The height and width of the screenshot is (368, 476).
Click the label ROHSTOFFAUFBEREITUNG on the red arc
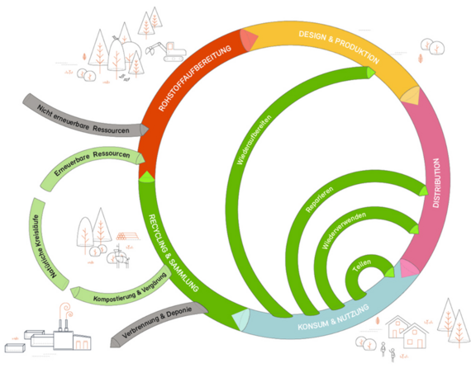(194, 78)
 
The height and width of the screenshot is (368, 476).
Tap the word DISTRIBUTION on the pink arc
(436, 183)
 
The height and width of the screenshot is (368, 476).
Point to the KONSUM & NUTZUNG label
(333, 318)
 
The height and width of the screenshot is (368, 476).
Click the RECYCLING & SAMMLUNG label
(174, 253)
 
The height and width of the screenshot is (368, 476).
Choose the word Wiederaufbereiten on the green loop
(254, 139)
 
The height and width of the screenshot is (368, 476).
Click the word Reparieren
(319, 199)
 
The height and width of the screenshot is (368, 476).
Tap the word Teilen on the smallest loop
(362, 265)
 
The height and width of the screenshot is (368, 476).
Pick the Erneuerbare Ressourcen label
(92, 162)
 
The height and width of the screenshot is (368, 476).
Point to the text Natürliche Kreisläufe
(44, 247)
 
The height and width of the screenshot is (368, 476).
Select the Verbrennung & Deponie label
(157, 323)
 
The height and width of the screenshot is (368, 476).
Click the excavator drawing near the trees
(166, 51)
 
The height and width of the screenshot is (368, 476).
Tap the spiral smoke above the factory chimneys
(65, 311)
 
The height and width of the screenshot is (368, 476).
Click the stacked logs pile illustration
(127, 236)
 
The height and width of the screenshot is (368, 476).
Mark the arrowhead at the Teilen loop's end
(389, 272)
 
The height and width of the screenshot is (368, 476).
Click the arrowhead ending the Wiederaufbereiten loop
(371, 73)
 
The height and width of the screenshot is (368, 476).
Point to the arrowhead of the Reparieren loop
(423, 191)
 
